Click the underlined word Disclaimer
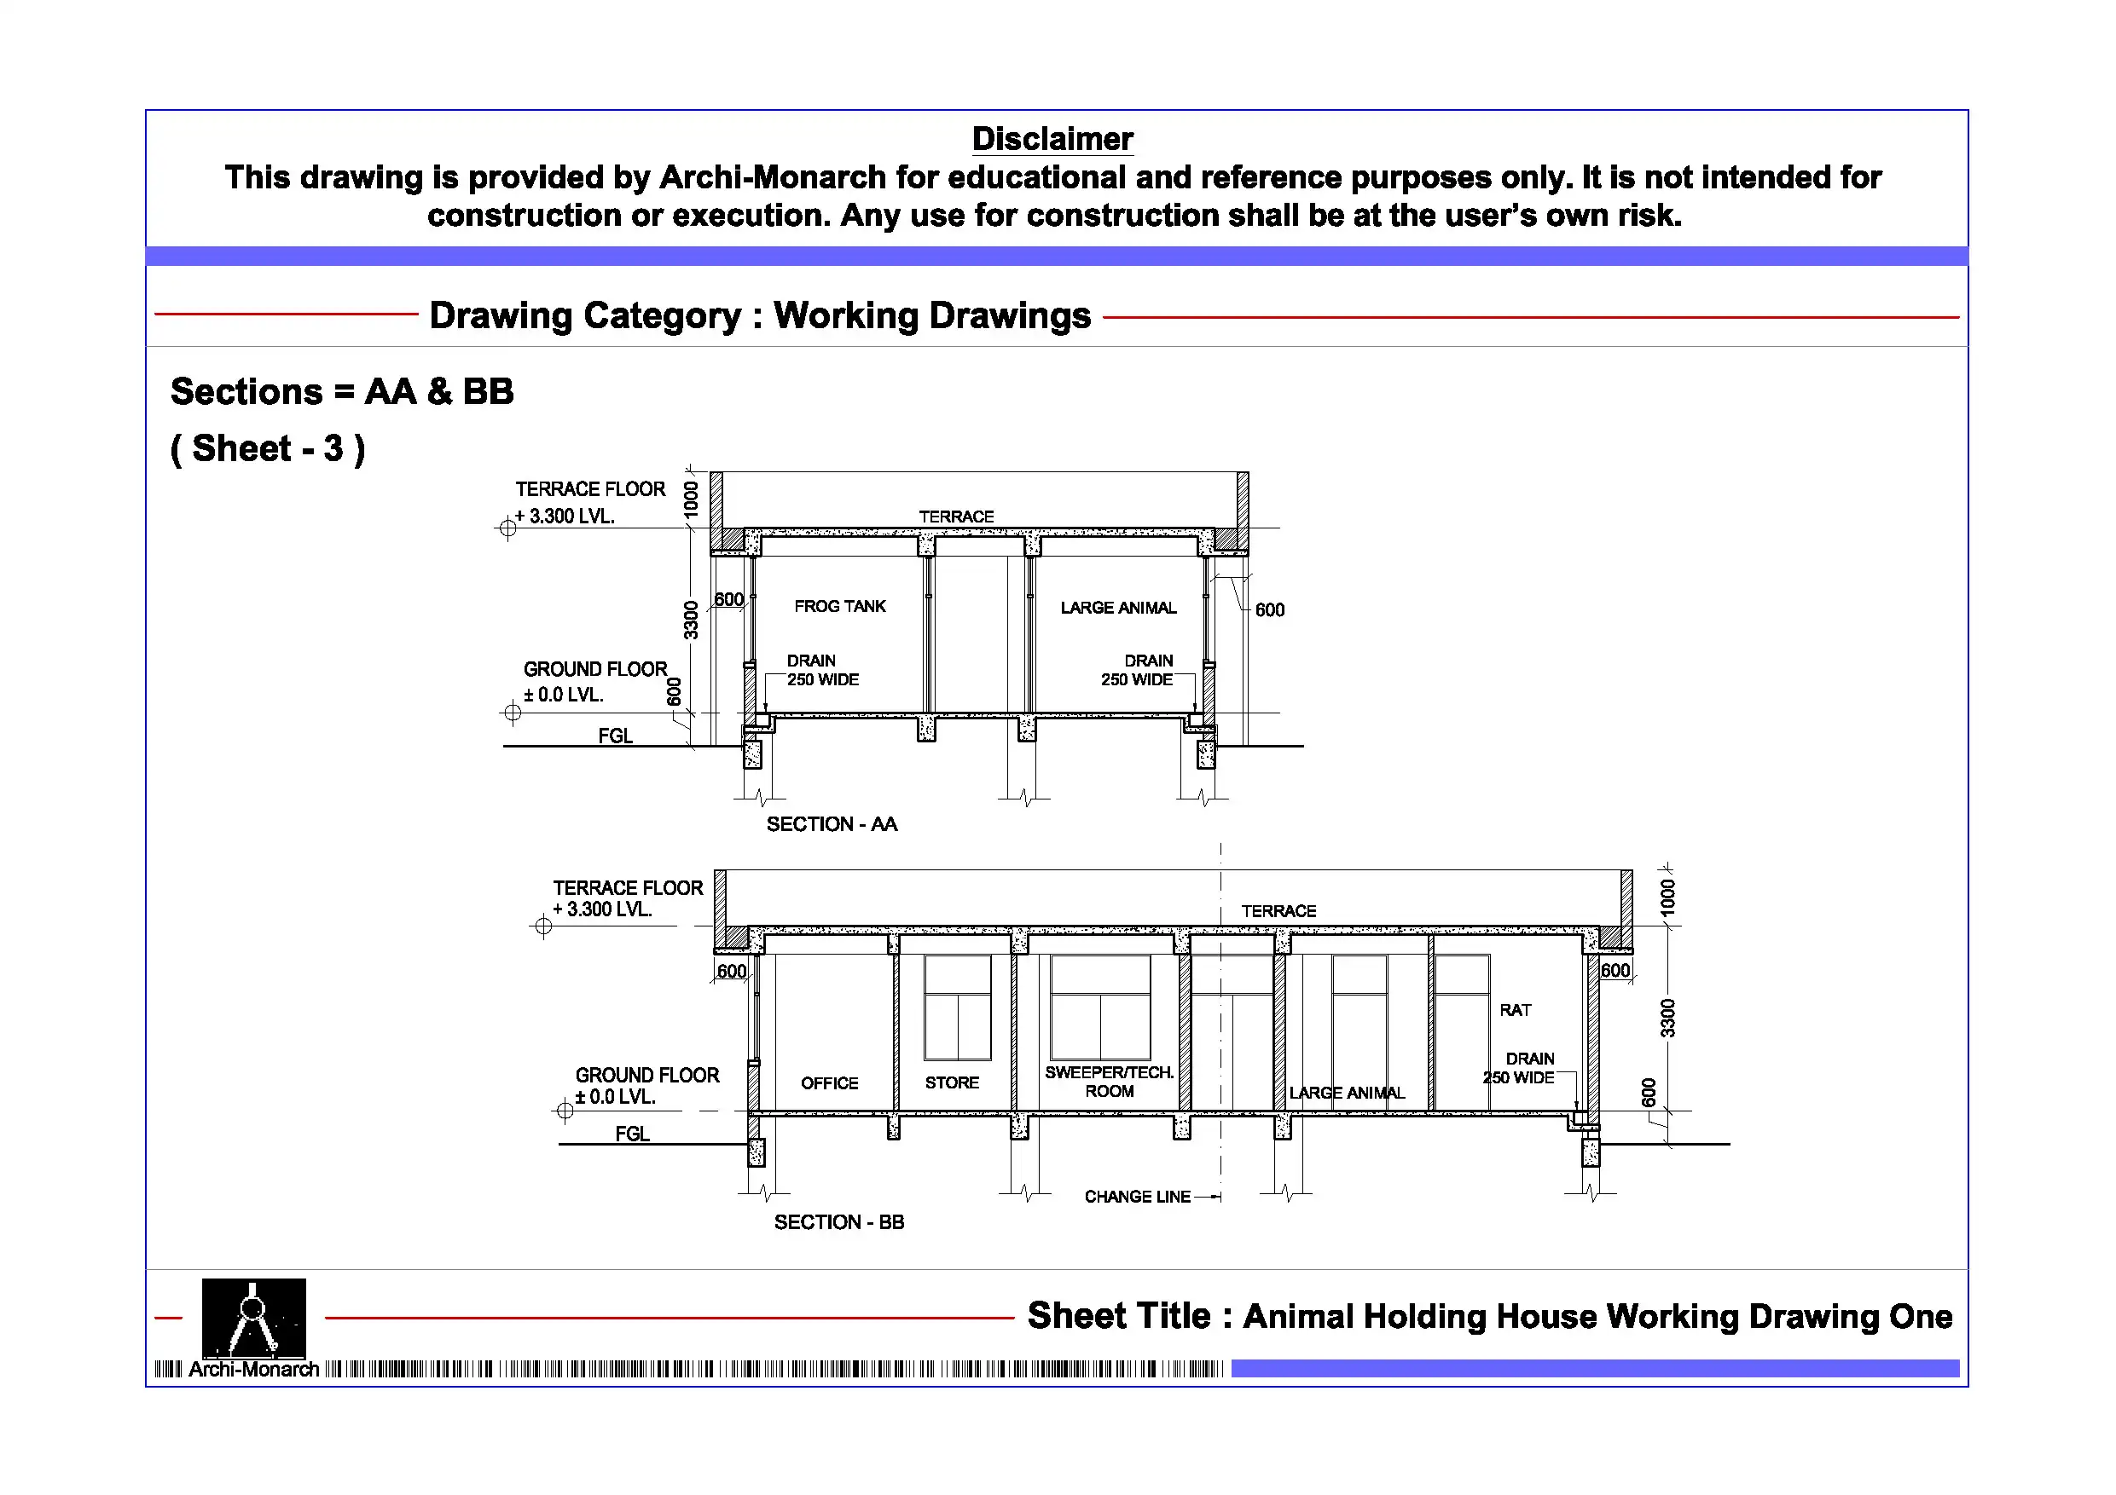[1052, 139]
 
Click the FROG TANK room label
[838, 606]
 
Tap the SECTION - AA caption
[832, 823]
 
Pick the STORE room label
[951, 1082]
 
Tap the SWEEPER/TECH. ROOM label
[1109, 1082]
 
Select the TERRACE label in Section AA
[956, 516]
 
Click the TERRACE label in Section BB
[1278, 910]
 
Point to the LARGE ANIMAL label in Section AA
[1118, 607]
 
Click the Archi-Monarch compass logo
[253, 1317]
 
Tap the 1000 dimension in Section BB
[1667, 897]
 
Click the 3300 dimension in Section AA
[690, 619]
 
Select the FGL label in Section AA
[615, 735]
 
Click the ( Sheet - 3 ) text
[268, 448]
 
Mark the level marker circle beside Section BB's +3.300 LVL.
[542, 926]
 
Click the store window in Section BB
[958, 1007]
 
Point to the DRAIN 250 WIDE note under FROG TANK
[821, 670]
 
